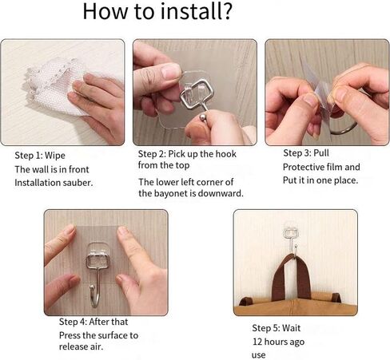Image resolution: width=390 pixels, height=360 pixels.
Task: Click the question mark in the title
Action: coord(226,11)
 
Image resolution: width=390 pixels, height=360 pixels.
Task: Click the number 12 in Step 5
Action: coord(257,342)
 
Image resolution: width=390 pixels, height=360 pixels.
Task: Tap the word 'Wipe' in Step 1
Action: coord(55,156)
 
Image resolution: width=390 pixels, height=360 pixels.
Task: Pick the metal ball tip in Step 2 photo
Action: coord(204,117)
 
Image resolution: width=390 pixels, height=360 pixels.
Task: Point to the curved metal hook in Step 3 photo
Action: coord(344,129)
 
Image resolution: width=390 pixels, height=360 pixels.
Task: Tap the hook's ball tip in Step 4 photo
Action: coord(92,287)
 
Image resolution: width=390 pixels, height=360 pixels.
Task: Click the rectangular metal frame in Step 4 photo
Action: coord(97,261)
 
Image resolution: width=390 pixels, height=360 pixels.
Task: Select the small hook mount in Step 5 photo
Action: coord(291,233)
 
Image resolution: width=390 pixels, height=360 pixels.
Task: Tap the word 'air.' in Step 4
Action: coord(94,346)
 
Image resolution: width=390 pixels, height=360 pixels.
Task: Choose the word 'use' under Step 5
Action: coord(258,355)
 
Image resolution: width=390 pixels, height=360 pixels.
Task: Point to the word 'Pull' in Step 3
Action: coord(321,153)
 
